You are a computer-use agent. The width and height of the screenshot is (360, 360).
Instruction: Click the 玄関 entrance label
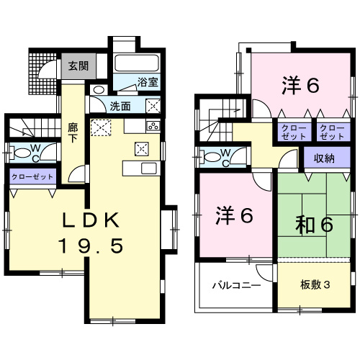[78, 66]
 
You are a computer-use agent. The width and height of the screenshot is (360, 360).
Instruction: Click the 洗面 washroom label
[120, 106]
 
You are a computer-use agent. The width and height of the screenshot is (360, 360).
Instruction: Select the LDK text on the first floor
[89, 219]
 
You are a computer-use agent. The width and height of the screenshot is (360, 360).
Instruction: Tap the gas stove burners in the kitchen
[153, 127]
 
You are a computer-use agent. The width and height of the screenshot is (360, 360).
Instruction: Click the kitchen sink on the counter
[149, 168]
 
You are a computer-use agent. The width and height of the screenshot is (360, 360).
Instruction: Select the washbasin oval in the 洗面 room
[99, 90]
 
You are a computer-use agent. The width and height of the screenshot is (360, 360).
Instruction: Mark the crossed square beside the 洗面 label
[153, 105]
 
